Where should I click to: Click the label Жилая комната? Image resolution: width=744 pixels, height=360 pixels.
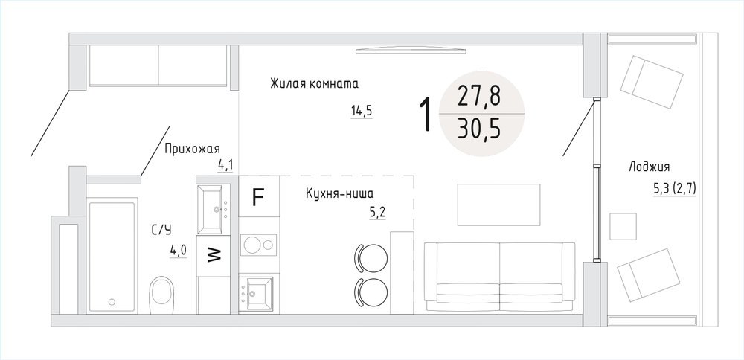point(314,84)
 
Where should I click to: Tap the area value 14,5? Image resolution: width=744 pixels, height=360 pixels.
point(362,112)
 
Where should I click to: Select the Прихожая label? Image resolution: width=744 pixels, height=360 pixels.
point(192,149)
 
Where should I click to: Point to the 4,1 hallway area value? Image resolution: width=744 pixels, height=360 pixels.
point(225,166)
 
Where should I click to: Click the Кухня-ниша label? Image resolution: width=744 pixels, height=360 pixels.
point(340,193)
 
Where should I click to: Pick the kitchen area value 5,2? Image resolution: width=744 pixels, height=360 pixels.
point(377,212)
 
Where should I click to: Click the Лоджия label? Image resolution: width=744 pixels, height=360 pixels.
point(649,167)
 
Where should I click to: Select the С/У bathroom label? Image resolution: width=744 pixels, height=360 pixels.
point(161,231)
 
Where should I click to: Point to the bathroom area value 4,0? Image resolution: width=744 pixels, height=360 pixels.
point(178,250)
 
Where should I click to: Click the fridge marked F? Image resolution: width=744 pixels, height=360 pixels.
point(259,197)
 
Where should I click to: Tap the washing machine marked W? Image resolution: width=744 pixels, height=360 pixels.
point(214,255)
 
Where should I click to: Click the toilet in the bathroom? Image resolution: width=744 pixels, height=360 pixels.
point(161,295)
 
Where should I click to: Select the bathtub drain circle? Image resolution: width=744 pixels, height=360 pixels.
point(112,301)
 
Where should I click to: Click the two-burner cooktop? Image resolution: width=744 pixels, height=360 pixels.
point(259,245)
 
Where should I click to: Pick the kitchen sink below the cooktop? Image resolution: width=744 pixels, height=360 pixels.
point(256,294)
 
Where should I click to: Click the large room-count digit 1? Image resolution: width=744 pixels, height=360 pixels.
point(427,114)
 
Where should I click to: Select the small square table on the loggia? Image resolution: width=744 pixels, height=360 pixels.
point(623,226)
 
